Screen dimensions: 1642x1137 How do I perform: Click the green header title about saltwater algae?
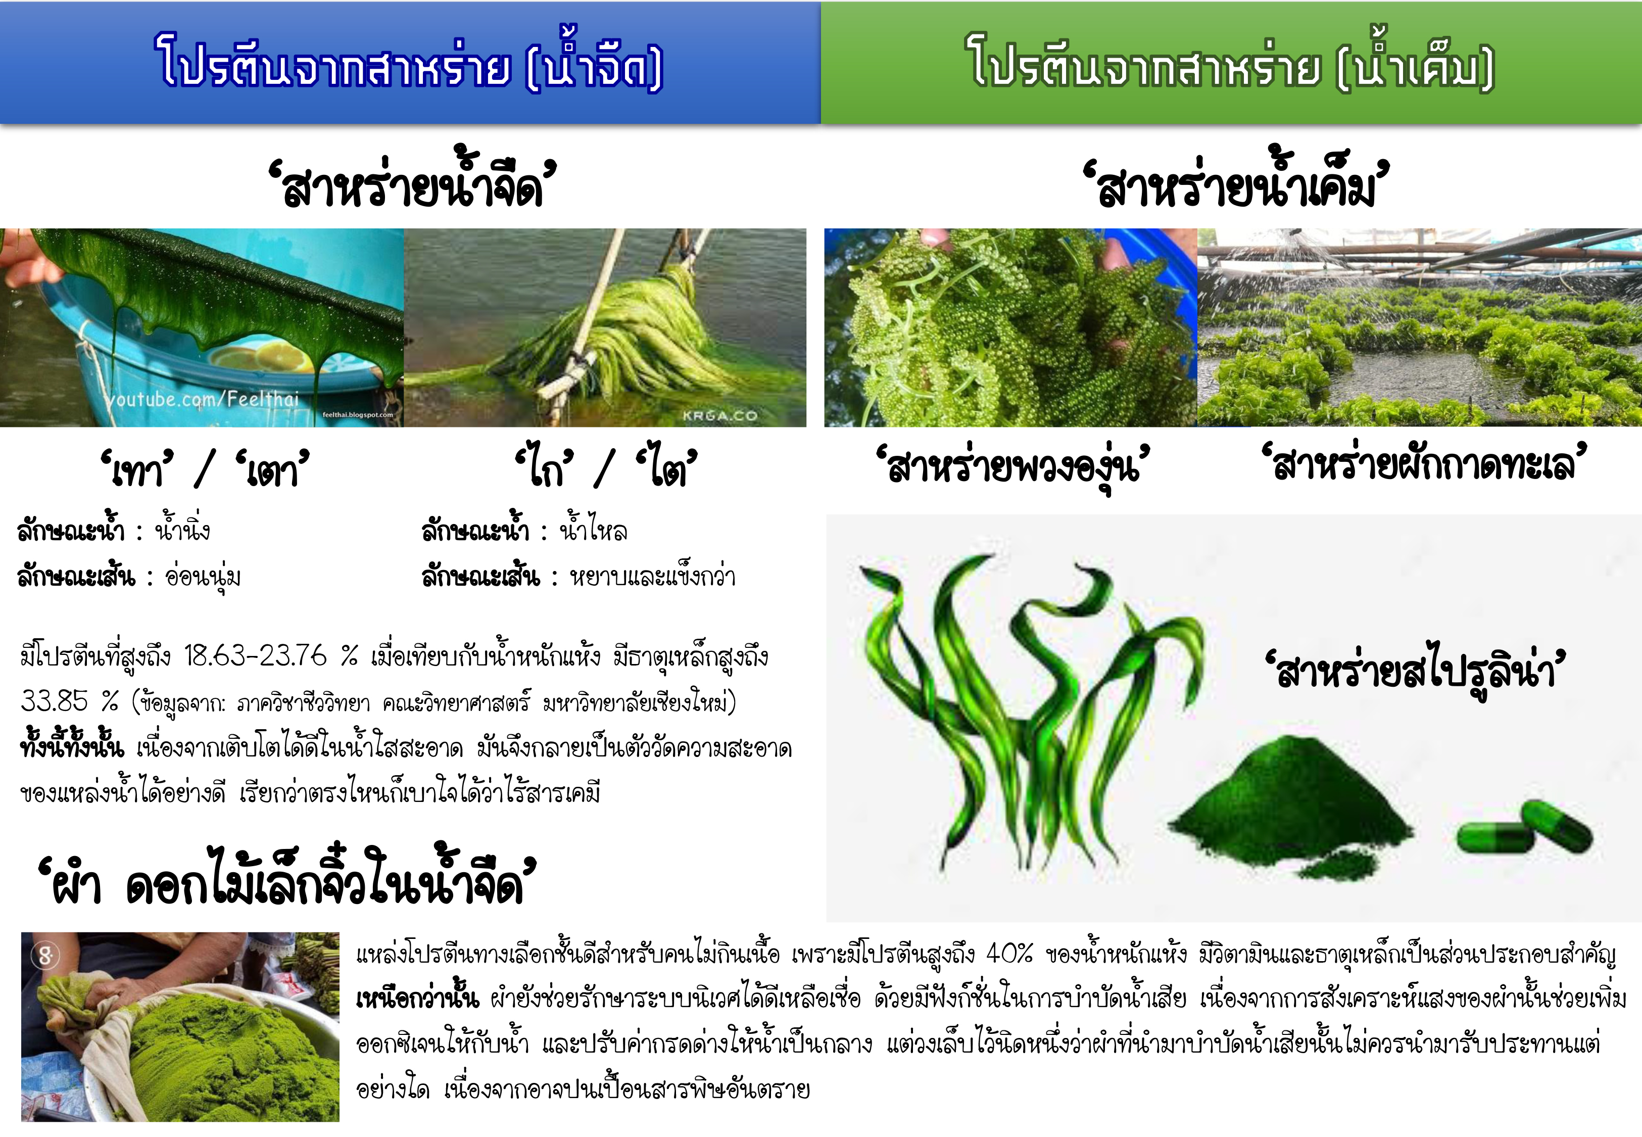(1230, 63)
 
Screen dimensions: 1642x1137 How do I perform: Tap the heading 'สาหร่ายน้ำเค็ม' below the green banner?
(1235, 181)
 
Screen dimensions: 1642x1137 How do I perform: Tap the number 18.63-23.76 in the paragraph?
(255, 655)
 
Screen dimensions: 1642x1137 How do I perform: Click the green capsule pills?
(1524, 830)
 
